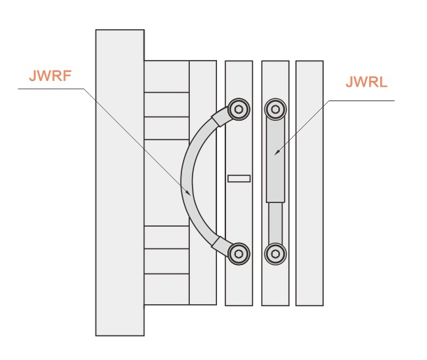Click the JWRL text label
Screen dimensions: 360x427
pos(366,82)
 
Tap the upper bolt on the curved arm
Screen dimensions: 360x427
pos(239,109)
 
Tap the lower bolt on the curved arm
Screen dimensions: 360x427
pos(239,253)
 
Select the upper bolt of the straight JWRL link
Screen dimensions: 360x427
pos(276,109)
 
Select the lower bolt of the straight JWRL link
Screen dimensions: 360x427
pos(276,253)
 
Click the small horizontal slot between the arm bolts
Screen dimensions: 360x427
pos(239,178)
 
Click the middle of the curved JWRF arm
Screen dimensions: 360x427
pos(187,180)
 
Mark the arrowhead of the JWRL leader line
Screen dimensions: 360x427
pos(276,151)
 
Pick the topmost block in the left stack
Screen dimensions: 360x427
pos(166,76)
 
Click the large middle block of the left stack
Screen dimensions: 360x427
pos(166,182)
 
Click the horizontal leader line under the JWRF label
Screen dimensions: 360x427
pos(49,89)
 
